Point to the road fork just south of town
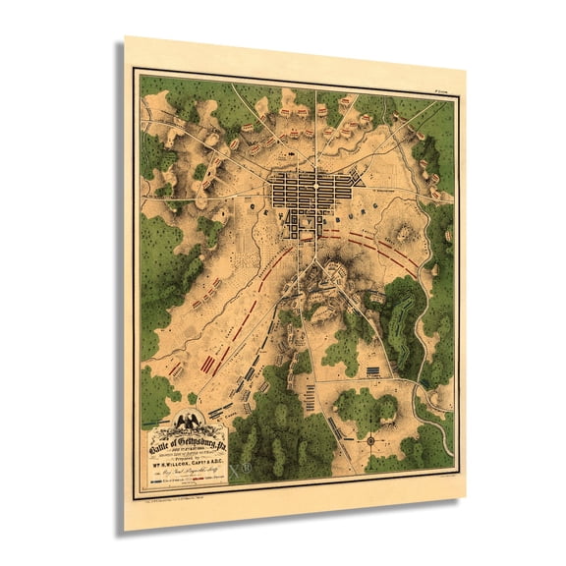coord(312,263)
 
